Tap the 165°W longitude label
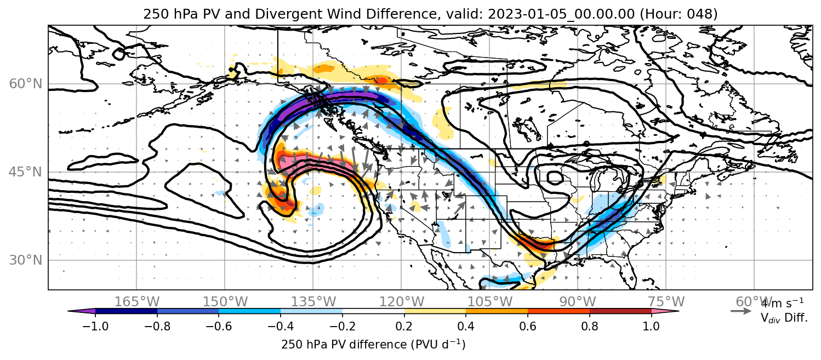(x=136, y=302)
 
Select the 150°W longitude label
(x=225, y=302)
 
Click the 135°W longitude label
(x=313, y=302)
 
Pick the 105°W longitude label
(x=489, y=302)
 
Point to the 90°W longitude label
(x=578, y=302)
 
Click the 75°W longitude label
(x=666, y=302)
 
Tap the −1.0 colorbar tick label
(x=95, y=326)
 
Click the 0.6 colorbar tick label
(x=528, y=326)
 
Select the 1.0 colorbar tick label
(x=651, y=326)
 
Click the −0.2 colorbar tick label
(x=343, y=326)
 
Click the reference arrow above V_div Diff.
(x=741, y=311)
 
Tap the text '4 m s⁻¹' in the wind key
(x=783, y=303)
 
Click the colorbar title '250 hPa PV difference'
(x=344, y=345)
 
